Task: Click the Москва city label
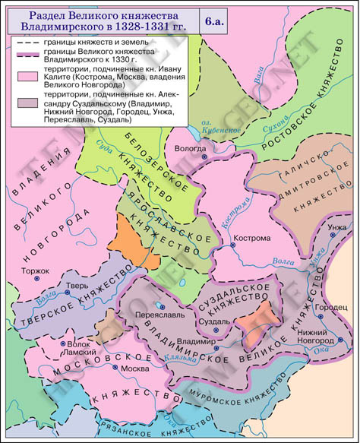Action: click(136, 369)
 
